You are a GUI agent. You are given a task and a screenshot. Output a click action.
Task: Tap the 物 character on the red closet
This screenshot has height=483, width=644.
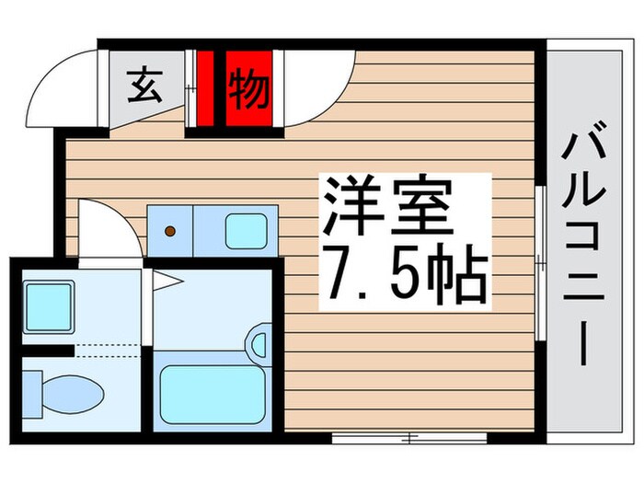(x=248, y=88)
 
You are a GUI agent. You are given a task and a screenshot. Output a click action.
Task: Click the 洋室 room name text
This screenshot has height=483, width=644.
(x=386, y=210)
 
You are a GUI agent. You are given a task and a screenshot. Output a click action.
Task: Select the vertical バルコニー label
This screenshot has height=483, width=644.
(x=587, y=248)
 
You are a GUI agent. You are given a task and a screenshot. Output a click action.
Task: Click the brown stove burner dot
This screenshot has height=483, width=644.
(x=169, y=231)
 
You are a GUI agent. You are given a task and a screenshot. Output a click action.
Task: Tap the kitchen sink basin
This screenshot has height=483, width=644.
(x=245, y=229)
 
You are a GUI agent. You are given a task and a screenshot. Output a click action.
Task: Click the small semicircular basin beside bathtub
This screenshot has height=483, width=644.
(x=257, y=342)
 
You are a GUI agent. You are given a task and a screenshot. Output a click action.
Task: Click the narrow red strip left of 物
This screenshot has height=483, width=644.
(x=206, y=88)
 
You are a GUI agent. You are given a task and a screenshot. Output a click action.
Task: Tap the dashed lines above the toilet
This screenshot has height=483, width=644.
(x=106, y=350)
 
